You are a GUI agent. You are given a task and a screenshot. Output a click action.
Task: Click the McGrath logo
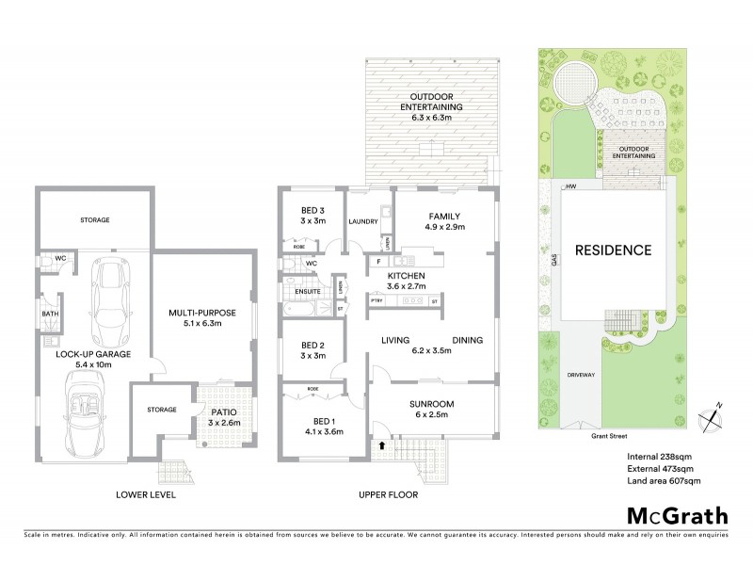coord(677,515)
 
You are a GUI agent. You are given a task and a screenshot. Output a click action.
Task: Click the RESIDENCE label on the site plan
coord(614,250)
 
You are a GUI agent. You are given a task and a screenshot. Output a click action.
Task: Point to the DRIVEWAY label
coord(582,375)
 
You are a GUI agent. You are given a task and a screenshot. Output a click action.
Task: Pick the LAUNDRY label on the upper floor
coord(362,222)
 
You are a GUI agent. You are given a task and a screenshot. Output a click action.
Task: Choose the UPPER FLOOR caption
coord(387,492)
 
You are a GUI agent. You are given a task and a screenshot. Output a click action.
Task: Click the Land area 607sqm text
coord(663,481)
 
